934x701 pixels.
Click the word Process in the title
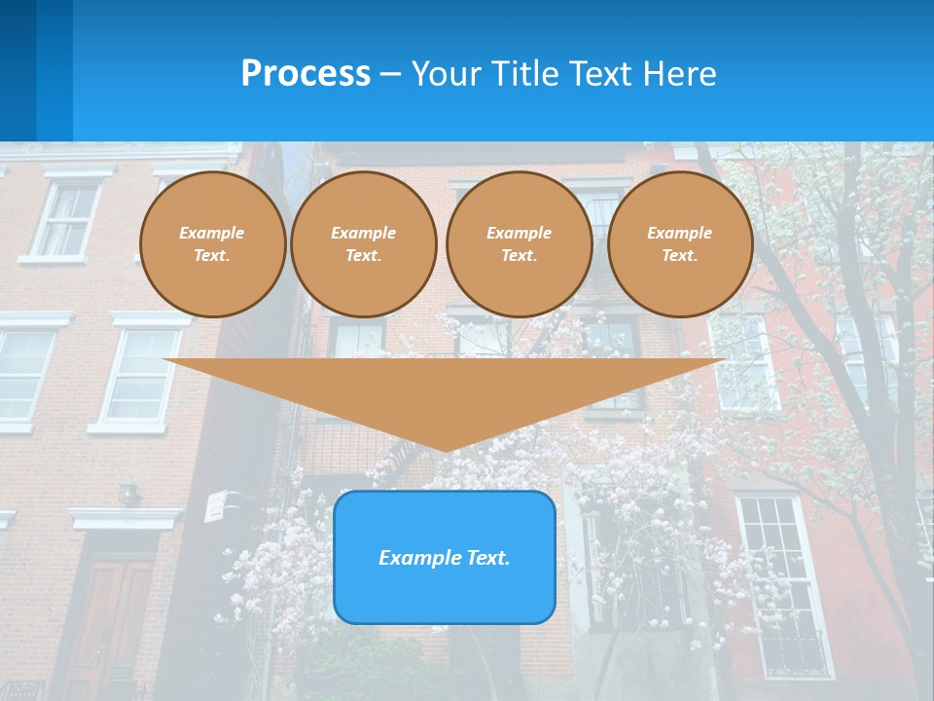pyautogui.click(x=305, y=74)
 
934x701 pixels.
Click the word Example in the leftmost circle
pyautogui.click(x=211, y=233)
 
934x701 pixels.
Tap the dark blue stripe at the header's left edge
pyautogui.click(x=18, y=70)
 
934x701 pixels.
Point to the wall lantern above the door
pyautogui.click(x=128, y=491)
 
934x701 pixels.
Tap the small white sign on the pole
pyautogui.click(x=216, y=504)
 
